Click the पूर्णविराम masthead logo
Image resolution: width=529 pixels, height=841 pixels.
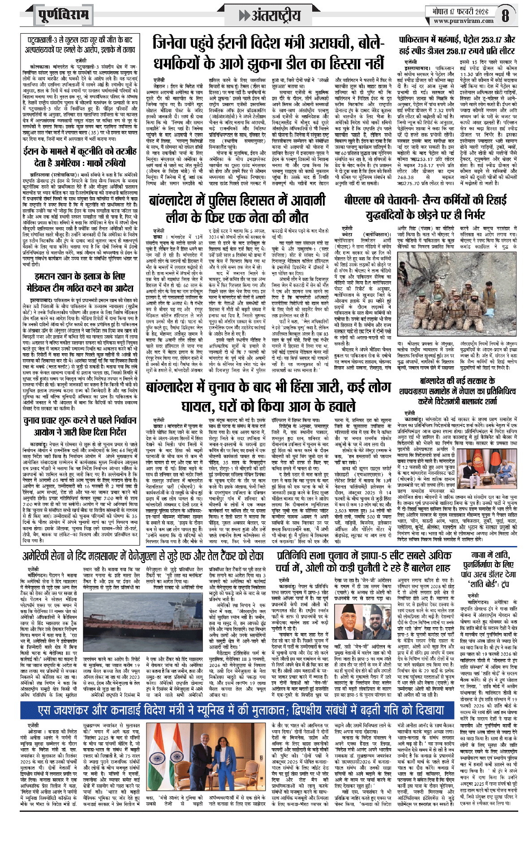pyautogui.click(x=63, y=15)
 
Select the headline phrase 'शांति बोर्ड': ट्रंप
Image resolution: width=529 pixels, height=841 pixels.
pyautogui.click(x=490, y=584)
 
